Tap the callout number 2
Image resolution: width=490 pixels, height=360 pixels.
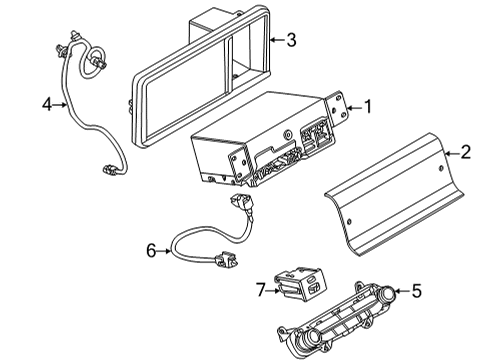[464, 152]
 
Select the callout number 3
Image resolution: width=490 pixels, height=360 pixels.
[290, 40]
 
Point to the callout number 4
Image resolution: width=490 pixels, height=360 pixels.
[46, 102]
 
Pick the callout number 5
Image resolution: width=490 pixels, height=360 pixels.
[416, 292]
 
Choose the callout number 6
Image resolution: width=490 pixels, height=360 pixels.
[152, 250]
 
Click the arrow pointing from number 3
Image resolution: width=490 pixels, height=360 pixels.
[275, 40]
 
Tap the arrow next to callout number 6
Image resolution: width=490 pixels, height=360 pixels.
[166, 250]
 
